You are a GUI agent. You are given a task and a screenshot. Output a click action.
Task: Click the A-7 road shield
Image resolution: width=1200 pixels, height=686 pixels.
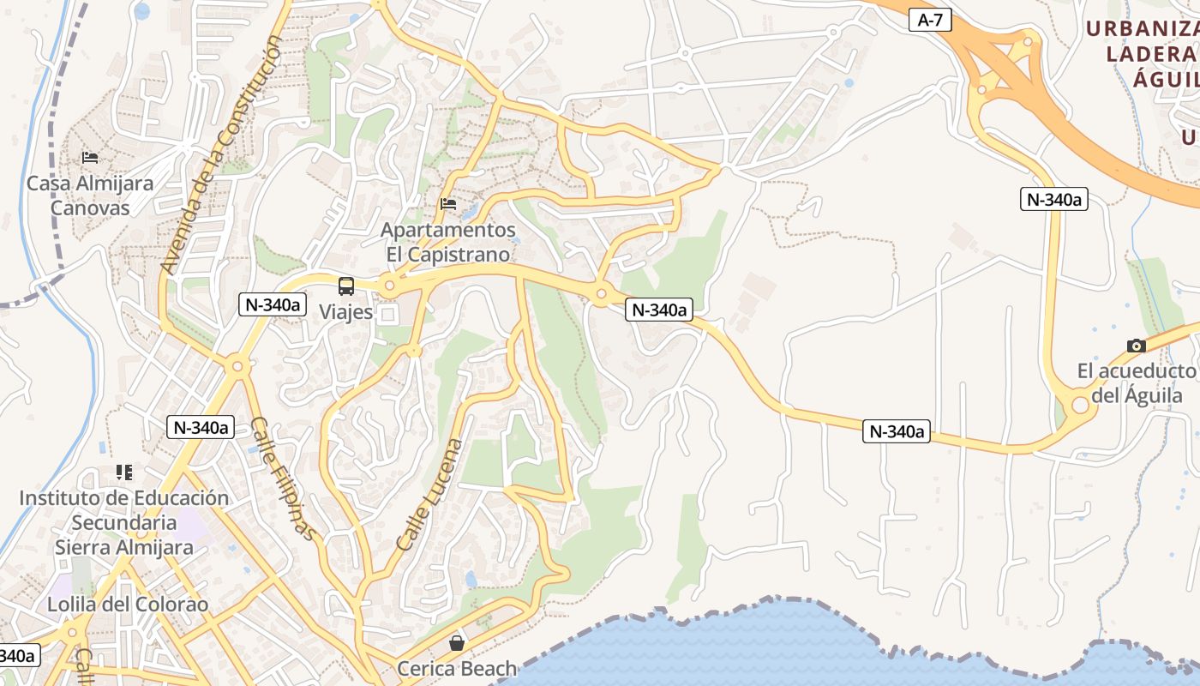click(930, 20)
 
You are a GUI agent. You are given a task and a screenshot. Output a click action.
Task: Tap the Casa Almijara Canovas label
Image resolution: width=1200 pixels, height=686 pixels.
click(90, 196)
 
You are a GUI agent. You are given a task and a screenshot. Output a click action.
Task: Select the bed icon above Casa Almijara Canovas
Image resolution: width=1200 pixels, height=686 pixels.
click(90, 158)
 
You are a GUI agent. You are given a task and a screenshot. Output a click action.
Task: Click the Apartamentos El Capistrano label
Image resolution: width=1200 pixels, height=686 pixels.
click(448, 242)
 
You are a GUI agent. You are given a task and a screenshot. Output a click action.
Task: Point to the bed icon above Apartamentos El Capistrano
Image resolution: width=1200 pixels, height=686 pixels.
click(448, 204)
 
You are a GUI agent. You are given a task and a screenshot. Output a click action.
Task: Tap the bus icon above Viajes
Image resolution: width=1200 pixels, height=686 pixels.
click(346, 286)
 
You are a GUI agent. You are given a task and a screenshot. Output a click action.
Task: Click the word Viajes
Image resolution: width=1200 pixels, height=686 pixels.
click(346, 311)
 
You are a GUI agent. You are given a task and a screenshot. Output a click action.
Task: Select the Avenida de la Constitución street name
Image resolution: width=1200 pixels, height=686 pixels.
click(221, 154)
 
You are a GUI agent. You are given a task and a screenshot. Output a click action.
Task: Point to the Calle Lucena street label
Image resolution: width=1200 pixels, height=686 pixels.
click(430, 495)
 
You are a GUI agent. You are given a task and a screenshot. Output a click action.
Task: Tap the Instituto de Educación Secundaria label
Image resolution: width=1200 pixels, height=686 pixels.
click(124, 522)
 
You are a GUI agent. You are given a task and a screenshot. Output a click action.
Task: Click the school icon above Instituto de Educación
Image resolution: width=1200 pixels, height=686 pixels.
click(124, 472)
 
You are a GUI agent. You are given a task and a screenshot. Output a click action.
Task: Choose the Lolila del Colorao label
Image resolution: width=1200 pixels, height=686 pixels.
click(128, 604)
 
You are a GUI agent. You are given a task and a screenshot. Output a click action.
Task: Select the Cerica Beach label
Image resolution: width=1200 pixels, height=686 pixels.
click(457, 668)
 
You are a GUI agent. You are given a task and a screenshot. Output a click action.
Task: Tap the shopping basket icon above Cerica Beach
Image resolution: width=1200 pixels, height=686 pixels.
click(457, 642)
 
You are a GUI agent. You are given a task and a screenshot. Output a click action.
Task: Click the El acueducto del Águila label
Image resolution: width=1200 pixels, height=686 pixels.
click(1137, 383)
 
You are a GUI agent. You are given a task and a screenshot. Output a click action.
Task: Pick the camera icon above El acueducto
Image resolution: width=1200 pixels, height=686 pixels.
click(1137, 346)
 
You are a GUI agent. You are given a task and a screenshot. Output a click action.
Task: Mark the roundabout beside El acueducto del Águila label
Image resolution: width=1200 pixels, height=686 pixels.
click(1080, 405)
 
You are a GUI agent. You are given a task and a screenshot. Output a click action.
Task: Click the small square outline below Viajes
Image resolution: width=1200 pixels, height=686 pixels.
click(387, 316)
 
